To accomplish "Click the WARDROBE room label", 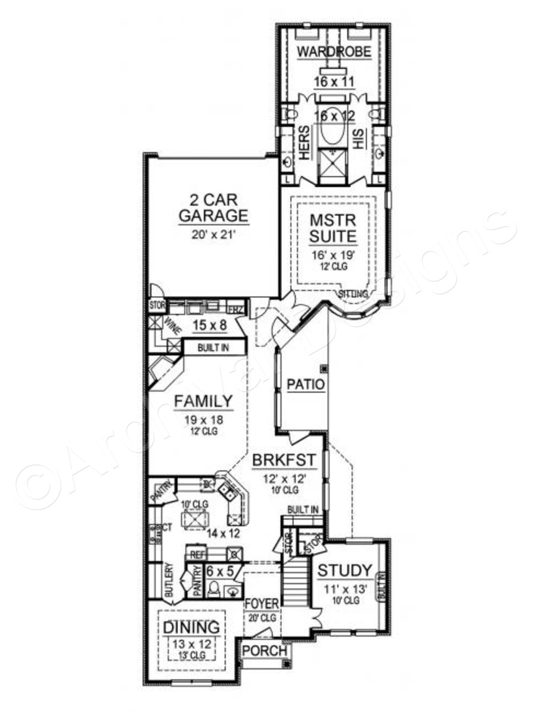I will (333, 52).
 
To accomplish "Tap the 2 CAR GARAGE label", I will (213, 206).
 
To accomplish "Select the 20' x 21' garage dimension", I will (213, 233).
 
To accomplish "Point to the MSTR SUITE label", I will (334, 229).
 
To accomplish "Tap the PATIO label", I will (306, 385).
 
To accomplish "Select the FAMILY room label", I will (203, 402).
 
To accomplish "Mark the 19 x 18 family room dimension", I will (203, 420).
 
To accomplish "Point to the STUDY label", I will (345, 571).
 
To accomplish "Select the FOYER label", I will (261, 604).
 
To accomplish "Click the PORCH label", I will (265, 651).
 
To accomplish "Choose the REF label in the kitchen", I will (197, 555).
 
